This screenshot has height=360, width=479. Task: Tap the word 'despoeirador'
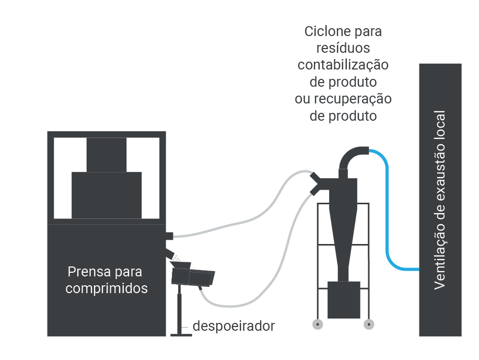pyautogui.click(x=233, y=326)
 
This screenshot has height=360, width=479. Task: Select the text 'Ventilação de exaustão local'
pyautogui.click(x=440, y=200)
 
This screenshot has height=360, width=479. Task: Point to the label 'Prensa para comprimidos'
pyautogui.click(x=107, y=280)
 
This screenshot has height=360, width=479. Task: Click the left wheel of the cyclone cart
pyautogui.click(x=318, y=324)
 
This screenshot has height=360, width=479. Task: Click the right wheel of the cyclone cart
pyautogui.click(x=369, y=324)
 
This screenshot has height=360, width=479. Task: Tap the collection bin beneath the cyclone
pyautogui.click(x=344, y=300)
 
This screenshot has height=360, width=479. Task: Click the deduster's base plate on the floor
pyautogui.click(x=181, y=335)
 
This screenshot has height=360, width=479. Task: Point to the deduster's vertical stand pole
pyautogui.click(x=179, y=309)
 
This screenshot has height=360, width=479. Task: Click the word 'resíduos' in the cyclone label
pyautogui.click(x=343, y=48)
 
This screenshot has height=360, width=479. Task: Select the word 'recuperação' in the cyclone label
pyautogui.click(x=353, y=99)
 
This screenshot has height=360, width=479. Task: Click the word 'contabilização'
pyautogui.click(x=343, y=65)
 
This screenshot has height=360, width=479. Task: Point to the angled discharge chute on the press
pyautogui.click(x=170, y=253)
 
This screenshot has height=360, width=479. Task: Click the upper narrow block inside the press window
pyautogui.click(x=107, y=155)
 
